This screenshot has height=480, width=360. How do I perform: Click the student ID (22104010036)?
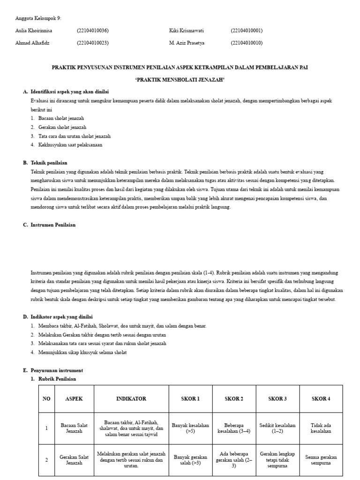pyautogui.click(x=93, y=30)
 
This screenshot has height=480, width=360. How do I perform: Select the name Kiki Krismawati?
pyautogui.click(x=187, y=30)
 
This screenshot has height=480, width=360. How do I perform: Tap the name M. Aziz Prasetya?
pyautogui.click(x=187, y=43)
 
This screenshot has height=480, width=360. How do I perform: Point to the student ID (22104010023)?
pyautogui.click(x=93, y=43)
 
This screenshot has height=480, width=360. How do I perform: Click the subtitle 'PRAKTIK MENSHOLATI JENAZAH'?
pyautogui.click(x=180, y=80)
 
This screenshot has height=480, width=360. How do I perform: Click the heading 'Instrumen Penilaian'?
pyautogui.click(x=53, y=225)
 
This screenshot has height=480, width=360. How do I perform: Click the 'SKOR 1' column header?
pyautogui.click(x=190, y=399)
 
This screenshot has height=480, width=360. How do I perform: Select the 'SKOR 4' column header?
pyautogui.click(x=321, y=399)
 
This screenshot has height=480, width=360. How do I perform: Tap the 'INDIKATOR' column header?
pyautogui.click(x=131, y=399)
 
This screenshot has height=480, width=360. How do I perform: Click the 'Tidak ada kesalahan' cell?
pyautogui.click(x=321, y=428)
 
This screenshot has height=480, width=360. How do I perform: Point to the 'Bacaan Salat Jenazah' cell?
pyautogui.click(x=74, y=428)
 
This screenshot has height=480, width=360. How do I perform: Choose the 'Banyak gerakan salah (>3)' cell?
pyautogui.click(x=190, y=460)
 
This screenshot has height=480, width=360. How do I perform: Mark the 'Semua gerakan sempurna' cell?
pyautogui.click(x=321, y=460)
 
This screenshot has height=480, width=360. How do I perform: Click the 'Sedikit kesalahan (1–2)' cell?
pyautogui.click(x=277, y=428)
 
